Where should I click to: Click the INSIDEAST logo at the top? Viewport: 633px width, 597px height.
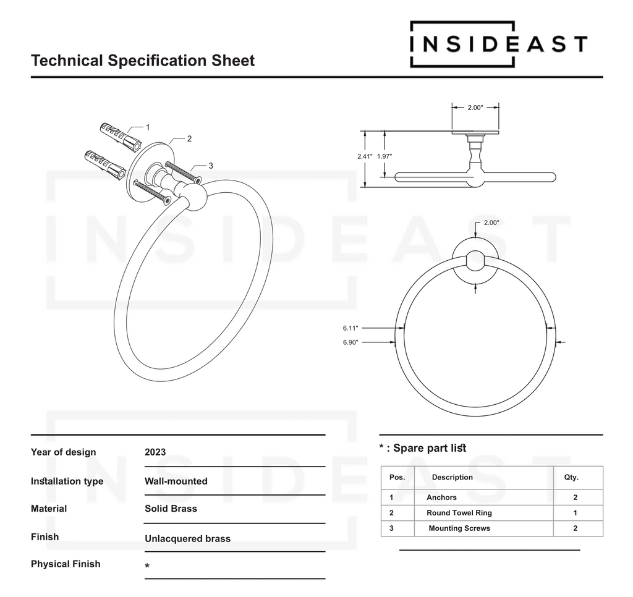[499, 44]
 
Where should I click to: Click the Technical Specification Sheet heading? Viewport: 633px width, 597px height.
[143, 61]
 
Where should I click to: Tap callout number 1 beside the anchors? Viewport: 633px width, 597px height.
[148, 127]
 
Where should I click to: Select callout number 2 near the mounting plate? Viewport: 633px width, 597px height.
[189, 138]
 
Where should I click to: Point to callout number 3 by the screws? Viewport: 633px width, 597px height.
[211, 166]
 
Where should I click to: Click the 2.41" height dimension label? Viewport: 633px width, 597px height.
[365, 156]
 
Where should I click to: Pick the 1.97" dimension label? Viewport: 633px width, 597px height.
[384, 156]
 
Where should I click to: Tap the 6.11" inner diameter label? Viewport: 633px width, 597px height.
[350, 328]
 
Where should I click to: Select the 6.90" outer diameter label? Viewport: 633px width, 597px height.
[350, 342]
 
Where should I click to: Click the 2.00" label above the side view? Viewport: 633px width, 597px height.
[475, 108]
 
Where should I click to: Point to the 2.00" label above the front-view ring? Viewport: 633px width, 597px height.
[491, 222]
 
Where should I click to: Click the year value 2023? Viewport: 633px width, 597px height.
[155, 452]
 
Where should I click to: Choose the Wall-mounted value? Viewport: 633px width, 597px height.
[176, 481]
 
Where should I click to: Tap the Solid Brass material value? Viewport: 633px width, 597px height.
[171, 509]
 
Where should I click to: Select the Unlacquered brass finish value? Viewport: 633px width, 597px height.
[188, 538]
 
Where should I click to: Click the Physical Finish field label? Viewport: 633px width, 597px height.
[66, 564]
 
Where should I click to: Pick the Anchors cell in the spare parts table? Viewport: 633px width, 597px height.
[441, 497]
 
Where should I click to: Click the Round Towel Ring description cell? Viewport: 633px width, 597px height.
[459, 512]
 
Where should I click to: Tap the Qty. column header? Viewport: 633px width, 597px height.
[571, 477]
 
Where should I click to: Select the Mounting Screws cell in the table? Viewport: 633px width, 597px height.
[459, 528]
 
